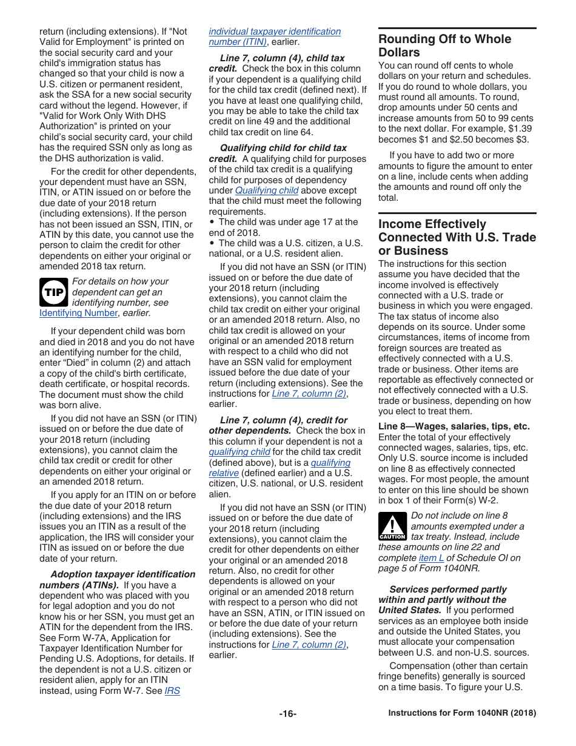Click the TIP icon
(53, 292)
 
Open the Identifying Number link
(78, 313)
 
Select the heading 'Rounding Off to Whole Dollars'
(444, 45)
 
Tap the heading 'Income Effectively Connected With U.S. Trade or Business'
(457, 237)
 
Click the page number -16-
(287, 714)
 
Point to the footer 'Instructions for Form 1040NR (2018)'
(462, 714)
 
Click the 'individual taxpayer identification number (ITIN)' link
(274, 36)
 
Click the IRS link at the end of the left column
(172, 691)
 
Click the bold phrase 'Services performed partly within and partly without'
(447, 594)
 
